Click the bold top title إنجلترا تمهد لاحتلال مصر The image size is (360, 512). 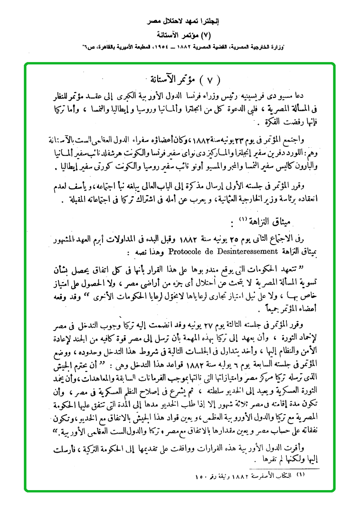coord(180,22)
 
